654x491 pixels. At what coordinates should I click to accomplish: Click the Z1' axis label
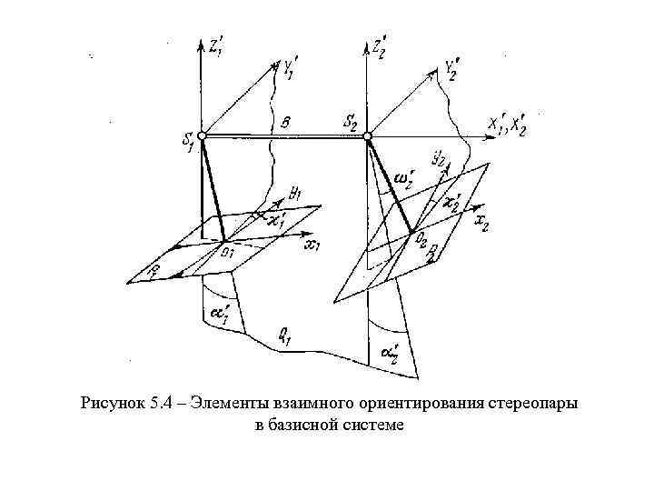tap(218, 48)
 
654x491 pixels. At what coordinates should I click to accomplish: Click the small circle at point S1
tap(203, 135)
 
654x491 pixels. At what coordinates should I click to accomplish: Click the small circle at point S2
tap(368, 136)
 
